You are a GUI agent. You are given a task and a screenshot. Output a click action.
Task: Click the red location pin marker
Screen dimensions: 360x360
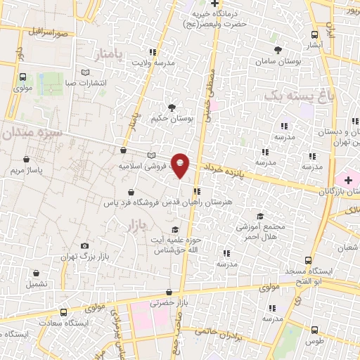(180, 165)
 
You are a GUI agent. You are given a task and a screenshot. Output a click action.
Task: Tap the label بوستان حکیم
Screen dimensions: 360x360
(171, 119)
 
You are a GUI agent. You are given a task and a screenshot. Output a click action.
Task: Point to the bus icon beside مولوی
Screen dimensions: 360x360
(22, 77)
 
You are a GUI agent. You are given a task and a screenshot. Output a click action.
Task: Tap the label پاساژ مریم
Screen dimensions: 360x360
(31, 171)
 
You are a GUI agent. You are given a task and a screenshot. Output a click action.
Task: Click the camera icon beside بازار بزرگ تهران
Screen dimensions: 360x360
(84, 246)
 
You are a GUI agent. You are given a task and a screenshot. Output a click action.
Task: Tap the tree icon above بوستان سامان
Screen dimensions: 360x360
(278, 50)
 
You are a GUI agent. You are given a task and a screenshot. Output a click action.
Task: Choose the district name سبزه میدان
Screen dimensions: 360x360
(31, 132)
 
